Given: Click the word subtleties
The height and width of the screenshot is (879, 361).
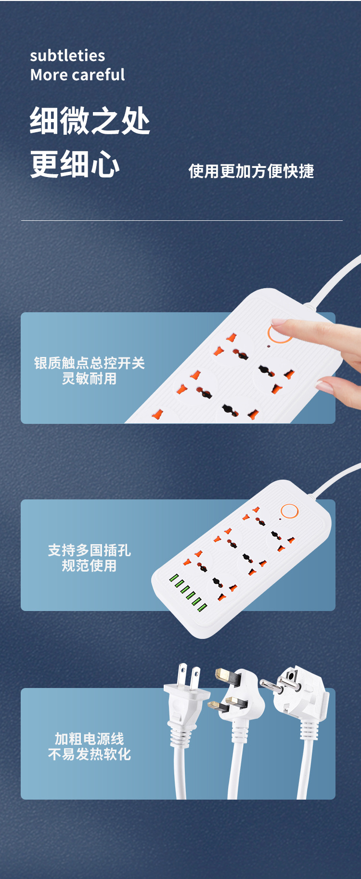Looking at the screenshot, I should [x=67, y=56].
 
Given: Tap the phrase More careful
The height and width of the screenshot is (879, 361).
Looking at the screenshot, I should [x=77, y=75].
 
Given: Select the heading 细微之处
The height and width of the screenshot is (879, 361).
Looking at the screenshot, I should [x=90, y=121].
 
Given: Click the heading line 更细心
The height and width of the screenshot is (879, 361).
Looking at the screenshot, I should [x=75, y=164].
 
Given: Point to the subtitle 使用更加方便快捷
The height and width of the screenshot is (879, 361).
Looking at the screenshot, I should [x=251, y=171].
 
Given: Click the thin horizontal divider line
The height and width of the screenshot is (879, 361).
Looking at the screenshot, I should [x=182, y=221].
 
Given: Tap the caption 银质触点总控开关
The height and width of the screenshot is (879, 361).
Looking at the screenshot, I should [x=89, y=363].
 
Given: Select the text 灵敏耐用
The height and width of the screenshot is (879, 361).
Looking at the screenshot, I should [x=89, y=379].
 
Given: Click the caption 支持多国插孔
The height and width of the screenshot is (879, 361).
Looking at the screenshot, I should [x=89, y=550].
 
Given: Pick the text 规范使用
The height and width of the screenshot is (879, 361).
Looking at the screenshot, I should [x=89, y=565].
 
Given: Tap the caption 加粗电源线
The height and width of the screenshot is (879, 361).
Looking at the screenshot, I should [x=89, y=739].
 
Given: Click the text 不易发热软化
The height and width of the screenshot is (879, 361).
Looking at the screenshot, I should [x=89, y=754].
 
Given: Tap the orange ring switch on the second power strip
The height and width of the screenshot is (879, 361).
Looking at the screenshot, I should [x=289, y=511].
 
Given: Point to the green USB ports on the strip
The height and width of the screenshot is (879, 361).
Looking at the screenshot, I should [x=188, y=592].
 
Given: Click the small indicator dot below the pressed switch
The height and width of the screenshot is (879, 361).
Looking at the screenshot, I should [x=269, y=346].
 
